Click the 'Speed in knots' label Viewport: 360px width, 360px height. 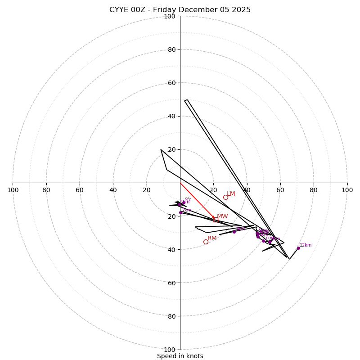coord(180,356)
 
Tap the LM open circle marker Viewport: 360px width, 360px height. coord(225,197)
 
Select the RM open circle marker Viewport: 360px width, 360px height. coord(206,242)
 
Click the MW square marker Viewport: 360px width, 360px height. coord(216,220)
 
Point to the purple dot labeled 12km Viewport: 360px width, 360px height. coord(298,248)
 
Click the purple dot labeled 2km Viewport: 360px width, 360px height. coord(180,212)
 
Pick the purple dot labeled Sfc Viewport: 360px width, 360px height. coord(184,202)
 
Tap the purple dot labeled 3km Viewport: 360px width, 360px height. coord(234,232)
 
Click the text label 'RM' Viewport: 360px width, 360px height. coord(212,238)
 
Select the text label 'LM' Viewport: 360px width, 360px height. coord(231,193)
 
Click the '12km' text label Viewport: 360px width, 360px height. coord(306,245)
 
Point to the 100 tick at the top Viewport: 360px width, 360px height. coord(170,16)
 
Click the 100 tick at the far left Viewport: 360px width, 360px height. coord(13,190)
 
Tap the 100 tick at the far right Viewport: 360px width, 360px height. coord(347,190)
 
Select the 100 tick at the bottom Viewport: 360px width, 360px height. coord(170,350)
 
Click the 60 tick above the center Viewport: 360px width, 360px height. coord(171,83)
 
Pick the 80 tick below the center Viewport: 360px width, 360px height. coord(171,316)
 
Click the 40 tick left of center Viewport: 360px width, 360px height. coord(113,190)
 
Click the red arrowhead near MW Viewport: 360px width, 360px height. coord(214,217)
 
